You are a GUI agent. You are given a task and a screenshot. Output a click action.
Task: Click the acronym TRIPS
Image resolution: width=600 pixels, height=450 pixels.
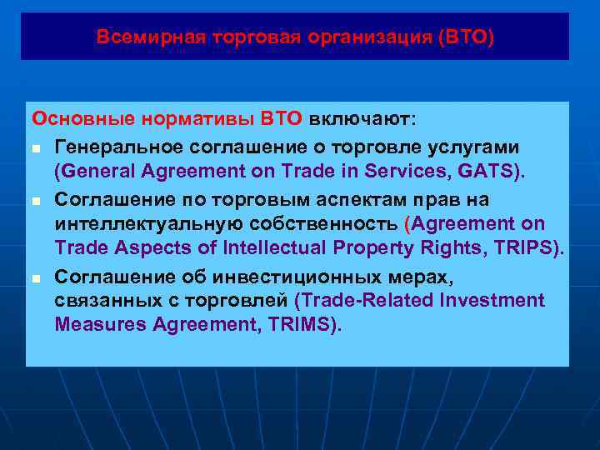pos(524,248)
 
